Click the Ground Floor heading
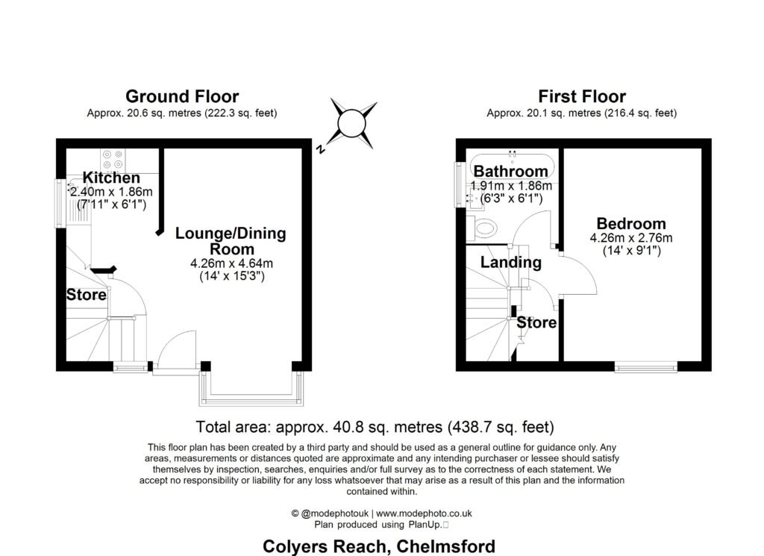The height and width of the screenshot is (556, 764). pos(181,96)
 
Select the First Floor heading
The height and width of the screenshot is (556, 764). pos(581,96)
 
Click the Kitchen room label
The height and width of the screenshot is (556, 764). pos(111,178)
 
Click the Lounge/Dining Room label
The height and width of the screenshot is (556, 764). pos(231,241)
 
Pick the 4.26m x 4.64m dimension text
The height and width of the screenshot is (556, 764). pos(231,263)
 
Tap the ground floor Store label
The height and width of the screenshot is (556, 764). pos(87,295)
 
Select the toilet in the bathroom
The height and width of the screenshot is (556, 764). pos(485,226)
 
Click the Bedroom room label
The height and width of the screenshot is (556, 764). pos(630,224)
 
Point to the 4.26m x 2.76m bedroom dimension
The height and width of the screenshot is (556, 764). pos(630,239)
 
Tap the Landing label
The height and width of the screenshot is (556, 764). pos(510,263)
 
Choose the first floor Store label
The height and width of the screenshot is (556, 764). pos(536,323)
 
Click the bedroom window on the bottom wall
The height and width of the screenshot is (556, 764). pos(646,366)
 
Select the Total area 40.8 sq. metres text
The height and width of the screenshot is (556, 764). pos(375,428)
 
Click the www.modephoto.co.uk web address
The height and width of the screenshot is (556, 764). pos(423,513)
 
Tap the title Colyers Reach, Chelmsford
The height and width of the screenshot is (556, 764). pos(379,546)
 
